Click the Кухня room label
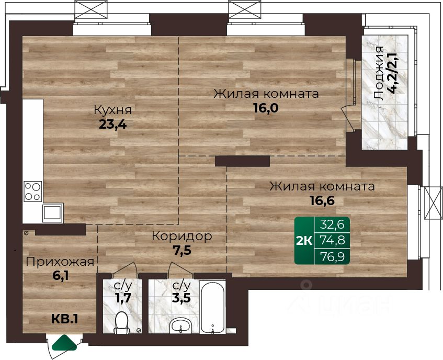(113, 110)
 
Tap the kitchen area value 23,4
(113, 124)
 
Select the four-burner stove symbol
(33, 192)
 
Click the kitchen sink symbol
(52, 213)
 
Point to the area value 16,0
(266, 108)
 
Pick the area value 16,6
(322, 200)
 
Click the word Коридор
(181, 237)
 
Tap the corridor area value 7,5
(182, 250)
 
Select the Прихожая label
(60, 262)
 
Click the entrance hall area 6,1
(61, 276)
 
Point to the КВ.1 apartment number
(65, 319)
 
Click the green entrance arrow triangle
(65, 343)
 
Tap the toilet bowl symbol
(122, 323)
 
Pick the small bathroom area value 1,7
(123, 298)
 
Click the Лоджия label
(378, 73)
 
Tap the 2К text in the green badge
(304, 241)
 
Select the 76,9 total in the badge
(333, 257)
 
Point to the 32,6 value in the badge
(332, 225)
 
